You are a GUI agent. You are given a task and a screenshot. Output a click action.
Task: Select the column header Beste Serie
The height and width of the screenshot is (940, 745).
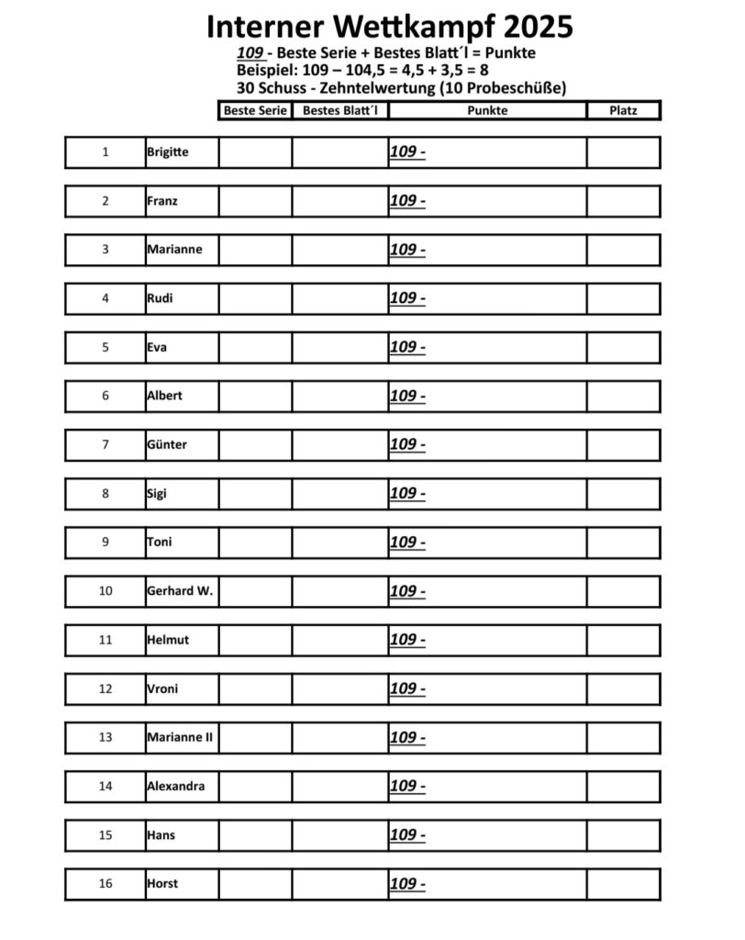click(255, 110)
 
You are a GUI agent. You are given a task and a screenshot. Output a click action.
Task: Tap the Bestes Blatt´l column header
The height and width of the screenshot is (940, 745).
click(339, 110)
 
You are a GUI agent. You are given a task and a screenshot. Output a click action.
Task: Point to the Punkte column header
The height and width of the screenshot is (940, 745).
click(487, 110)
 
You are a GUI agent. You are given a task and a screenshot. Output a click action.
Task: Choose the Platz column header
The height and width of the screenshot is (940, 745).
click(623, 110)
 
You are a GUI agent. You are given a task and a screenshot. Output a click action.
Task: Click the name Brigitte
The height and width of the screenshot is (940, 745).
click(167, 152)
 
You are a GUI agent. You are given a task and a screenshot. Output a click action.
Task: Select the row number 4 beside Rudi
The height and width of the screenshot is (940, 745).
click(105, 298)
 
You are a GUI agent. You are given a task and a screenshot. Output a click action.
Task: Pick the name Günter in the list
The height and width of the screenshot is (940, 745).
click(166, 444)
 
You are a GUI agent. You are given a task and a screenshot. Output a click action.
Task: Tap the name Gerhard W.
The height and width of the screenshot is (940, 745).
click(179, 591)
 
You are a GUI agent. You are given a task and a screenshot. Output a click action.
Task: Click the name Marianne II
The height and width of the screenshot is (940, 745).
click(180, 737)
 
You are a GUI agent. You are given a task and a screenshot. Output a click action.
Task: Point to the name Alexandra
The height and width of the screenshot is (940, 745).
click(175, 786)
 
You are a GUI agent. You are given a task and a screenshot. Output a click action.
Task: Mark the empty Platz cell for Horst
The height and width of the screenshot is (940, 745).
click(623, 884)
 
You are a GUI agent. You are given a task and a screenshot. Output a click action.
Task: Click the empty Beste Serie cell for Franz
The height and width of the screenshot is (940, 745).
click(255, 201)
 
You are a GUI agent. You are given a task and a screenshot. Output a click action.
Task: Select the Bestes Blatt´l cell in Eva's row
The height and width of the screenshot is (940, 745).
click(339, 347)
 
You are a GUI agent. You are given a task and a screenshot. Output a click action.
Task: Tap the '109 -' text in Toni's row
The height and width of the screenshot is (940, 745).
click(407, 542)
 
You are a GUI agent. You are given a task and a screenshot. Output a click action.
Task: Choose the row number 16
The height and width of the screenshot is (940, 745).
click(105, 884)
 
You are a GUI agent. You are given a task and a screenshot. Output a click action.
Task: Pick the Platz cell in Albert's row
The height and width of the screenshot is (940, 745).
click(623, 396)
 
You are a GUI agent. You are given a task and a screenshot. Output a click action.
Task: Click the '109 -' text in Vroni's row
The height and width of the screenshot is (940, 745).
click(407, 688)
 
